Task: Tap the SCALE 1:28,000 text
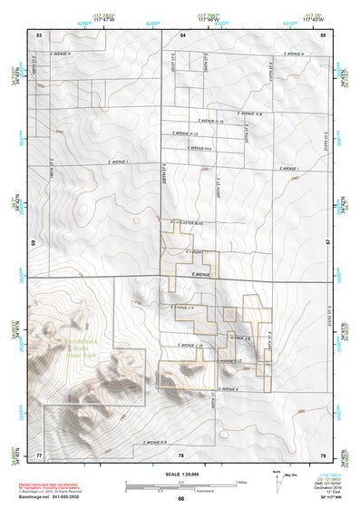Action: click(180, 475)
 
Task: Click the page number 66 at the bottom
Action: click(180, 498)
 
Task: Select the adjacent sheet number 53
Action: click(39, 34)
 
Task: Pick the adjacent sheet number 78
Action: click(180, 454)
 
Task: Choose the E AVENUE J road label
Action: click(200, 273)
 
